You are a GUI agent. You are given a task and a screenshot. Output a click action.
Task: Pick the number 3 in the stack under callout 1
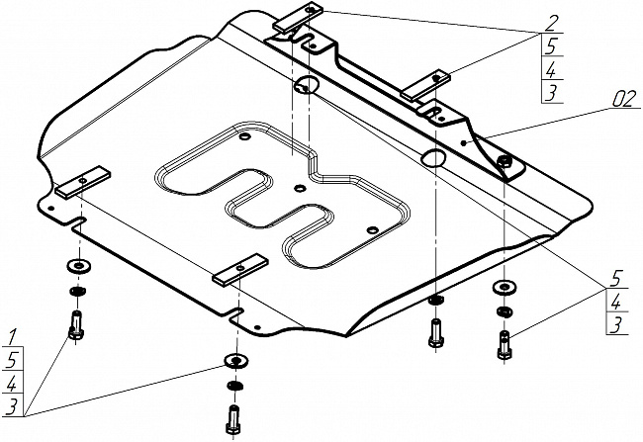pos(12,404)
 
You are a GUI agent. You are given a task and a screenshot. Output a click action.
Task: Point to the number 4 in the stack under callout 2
pos(552,70)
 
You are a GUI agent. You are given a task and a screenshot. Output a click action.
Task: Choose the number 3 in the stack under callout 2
pos(552,93)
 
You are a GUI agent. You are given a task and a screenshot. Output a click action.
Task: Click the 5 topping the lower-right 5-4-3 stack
pos(615,278)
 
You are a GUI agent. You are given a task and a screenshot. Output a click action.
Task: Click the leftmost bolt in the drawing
pos(75,322)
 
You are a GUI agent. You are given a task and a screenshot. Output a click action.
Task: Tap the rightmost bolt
pos(505,345)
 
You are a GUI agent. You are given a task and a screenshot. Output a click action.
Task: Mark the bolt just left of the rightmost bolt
pos(435,330)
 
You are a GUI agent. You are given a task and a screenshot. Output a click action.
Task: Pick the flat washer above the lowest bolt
pos(234,358)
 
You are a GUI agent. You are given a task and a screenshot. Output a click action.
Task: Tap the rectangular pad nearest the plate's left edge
pos(81,183)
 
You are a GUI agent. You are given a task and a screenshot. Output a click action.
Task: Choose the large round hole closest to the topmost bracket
pos(306,83)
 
